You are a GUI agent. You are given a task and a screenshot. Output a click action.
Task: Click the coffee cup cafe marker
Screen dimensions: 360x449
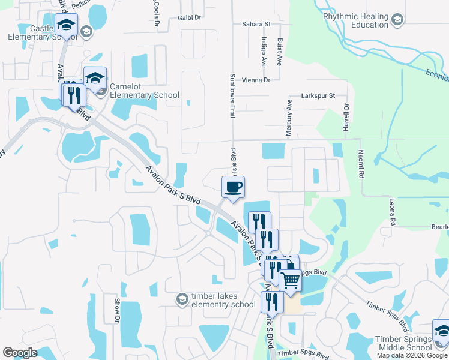click(x=233, y=187)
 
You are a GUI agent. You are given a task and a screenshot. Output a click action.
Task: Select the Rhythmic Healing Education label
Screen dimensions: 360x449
click(x=356, y=21)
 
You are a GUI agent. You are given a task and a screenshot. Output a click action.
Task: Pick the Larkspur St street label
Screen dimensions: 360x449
click(x=318, y=95)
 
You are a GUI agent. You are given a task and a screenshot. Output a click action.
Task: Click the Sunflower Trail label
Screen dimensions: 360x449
click(x=233, y=95)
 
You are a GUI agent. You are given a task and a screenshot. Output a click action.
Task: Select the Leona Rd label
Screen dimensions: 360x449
click(x=393, y=212)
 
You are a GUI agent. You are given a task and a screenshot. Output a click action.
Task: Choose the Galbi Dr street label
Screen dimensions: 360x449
click(x=189, y=18)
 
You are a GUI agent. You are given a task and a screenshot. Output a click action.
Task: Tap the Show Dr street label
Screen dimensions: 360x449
click(x=117, y=309)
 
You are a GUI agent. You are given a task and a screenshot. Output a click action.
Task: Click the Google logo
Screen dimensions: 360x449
click(x=20, y=353)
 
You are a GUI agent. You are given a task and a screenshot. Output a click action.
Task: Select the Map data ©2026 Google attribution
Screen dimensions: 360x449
click(x=412, y=355)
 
